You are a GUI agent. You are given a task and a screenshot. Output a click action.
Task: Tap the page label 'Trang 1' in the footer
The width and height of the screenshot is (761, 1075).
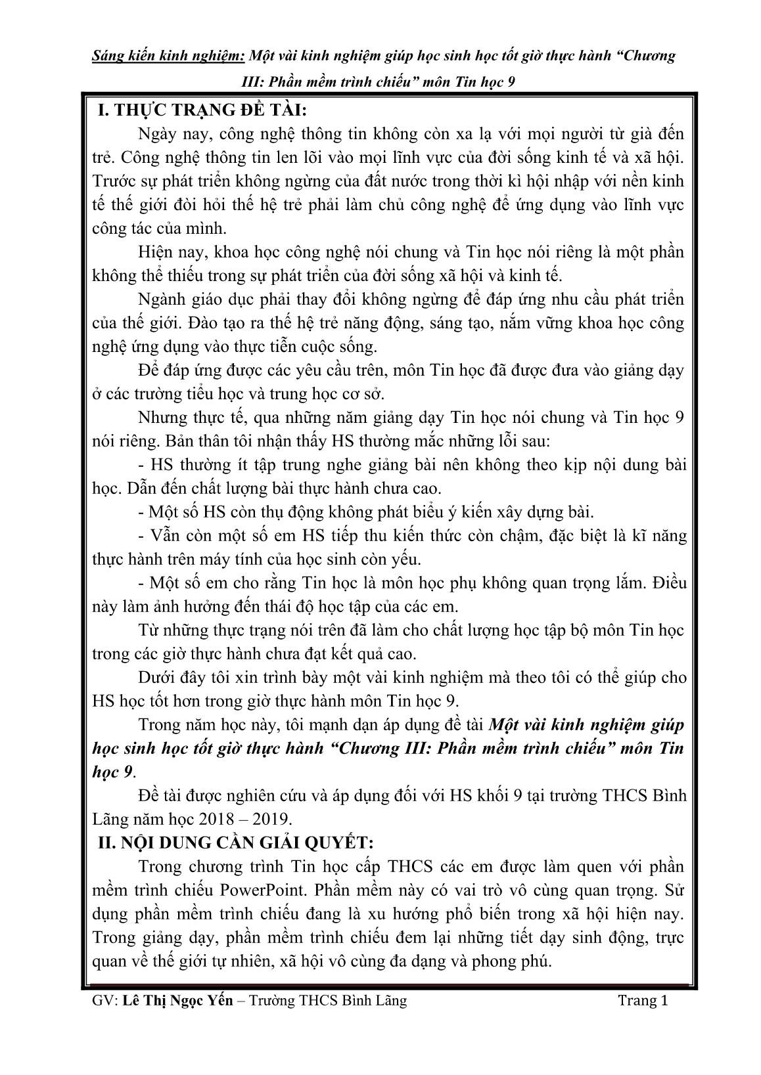click(643, 1000)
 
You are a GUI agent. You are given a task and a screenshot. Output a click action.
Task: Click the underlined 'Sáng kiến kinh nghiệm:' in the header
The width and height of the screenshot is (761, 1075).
click(168, 56)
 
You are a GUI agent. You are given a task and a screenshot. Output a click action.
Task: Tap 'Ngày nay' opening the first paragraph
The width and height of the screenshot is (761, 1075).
click(166, 134)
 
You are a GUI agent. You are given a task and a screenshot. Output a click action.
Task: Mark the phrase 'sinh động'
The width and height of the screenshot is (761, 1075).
click(582, 937)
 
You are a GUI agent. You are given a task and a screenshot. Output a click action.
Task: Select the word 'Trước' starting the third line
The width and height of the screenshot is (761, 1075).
click(114, 181)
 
